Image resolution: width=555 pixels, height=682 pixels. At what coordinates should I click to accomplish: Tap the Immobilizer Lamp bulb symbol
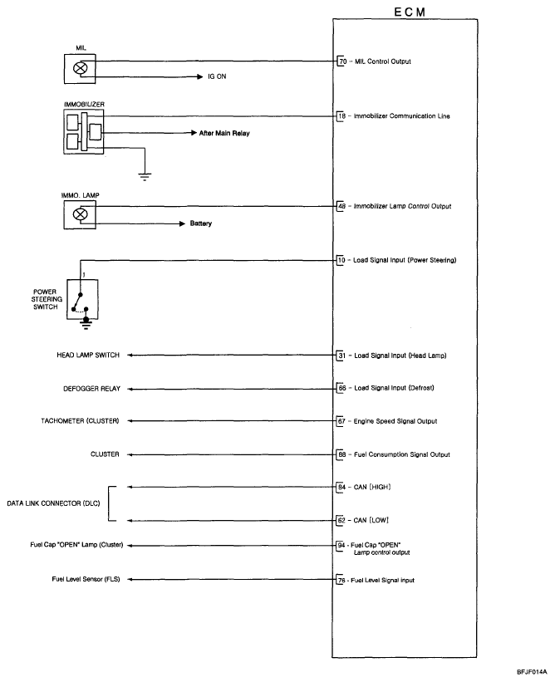click(81, 214)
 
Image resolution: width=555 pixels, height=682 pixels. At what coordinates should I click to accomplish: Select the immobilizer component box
click(83, 131)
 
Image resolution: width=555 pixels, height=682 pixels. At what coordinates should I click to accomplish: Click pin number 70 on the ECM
click(342, 61)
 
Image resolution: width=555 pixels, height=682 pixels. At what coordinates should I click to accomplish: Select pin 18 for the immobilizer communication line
click(342, 115)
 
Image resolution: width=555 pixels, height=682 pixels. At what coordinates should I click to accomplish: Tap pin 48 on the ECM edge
click(342, 205)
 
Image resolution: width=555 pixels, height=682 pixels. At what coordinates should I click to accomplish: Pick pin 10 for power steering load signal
click(342, 261)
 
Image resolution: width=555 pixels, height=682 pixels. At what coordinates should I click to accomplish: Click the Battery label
click(201, 223)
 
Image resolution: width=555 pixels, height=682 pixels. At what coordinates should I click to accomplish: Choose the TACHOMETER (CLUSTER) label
click(81, 421)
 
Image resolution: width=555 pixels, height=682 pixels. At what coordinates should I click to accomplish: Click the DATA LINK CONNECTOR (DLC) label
click(54, 503)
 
